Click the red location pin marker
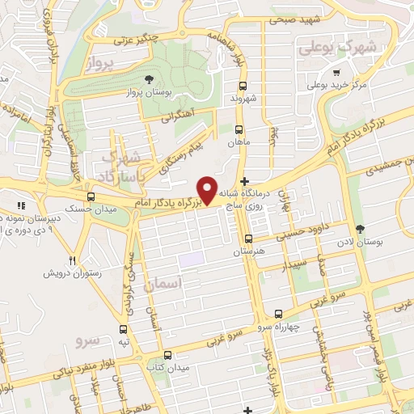coord(209,190)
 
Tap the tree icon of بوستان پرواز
coord(149,79)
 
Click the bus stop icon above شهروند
coord(243,84)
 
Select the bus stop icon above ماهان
coord(238,129)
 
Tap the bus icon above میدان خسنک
coord(90,196)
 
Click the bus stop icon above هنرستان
coord(248,239)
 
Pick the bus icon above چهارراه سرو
coord(278,313)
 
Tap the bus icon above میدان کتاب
coord(167,355)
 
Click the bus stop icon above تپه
coord(123,329)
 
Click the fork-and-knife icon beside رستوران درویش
coord(73,260)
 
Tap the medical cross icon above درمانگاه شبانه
coord(245,182)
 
